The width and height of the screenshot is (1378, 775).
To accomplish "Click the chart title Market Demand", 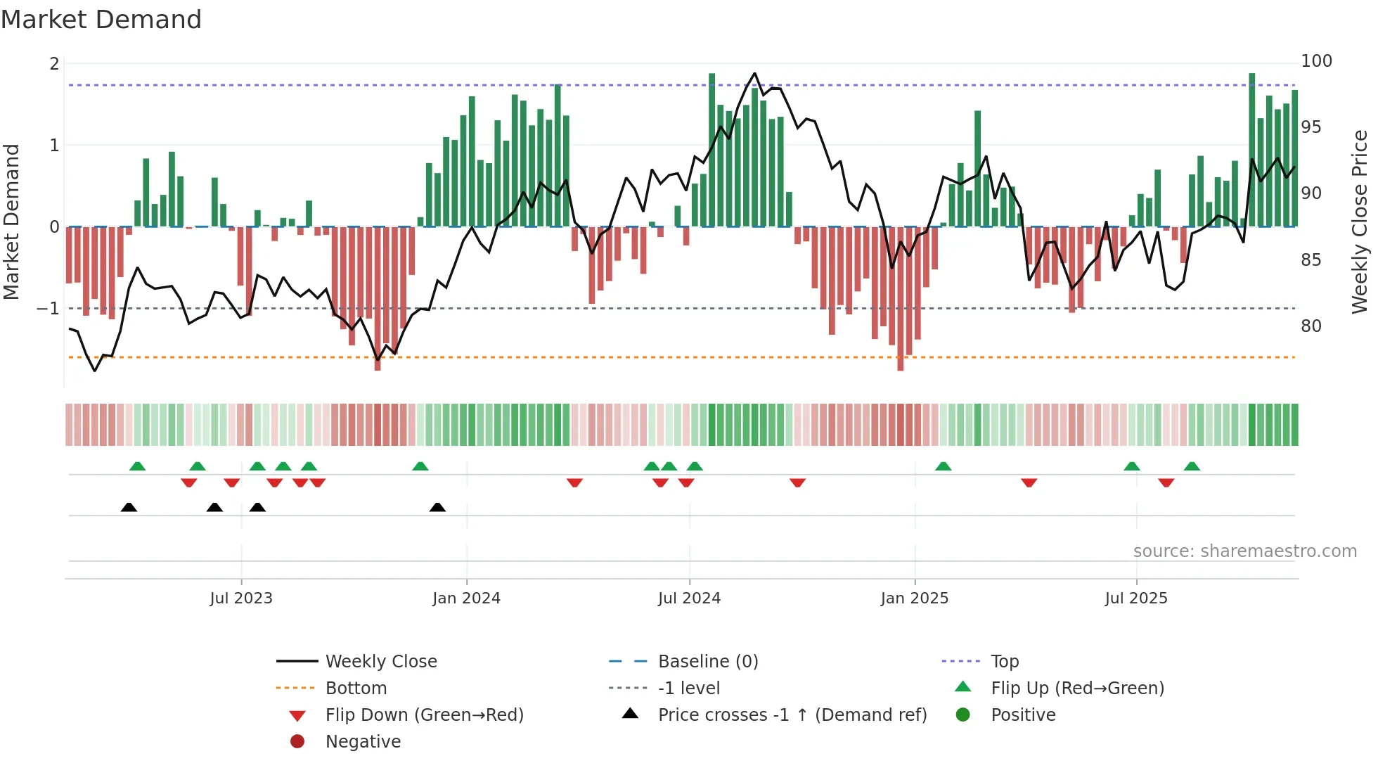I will point(101,20).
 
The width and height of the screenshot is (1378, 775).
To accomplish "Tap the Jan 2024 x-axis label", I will point(466,598).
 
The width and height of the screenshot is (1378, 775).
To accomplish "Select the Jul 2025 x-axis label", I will point(1135,598).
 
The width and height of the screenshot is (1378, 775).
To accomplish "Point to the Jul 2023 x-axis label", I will point(240,598).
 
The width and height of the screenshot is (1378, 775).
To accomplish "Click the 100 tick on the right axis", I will point(1316,61).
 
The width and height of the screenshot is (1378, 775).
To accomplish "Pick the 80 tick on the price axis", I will point(1311,326).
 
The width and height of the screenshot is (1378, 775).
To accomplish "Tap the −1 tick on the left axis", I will point(48,309).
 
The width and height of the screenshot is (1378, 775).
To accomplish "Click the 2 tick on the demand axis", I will point(54,64).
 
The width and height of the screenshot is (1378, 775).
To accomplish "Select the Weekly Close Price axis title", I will point(1360,222).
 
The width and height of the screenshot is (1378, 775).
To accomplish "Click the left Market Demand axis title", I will point(11,222).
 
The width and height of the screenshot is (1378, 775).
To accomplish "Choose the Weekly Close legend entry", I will point(380,662).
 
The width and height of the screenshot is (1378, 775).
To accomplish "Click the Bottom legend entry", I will point(356,688).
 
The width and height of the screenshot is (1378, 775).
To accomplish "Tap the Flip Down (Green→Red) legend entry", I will point(424,715).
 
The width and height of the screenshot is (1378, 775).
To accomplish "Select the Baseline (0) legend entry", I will point(707,662).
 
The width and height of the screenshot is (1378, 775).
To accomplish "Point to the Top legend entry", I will point(1004,662).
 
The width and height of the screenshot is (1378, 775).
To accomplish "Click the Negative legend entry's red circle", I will point(297,742).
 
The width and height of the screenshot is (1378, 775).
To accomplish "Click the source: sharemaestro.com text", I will point(1244,551).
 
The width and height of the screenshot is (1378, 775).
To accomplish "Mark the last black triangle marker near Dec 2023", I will point(437,507).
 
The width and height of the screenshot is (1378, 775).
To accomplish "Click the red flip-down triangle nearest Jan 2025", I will point(797,482).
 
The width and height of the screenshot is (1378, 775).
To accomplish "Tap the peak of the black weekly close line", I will point(754,73).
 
